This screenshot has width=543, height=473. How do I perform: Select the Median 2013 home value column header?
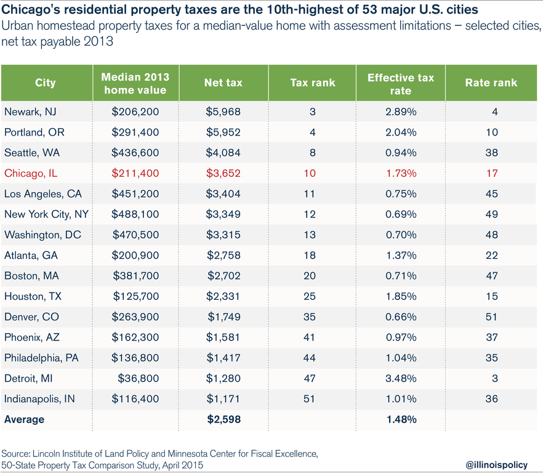click(135, 83)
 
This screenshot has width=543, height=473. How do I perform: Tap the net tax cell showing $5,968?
click(223, 111)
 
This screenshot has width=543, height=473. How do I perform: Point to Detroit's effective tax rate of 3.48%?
click(400, 378)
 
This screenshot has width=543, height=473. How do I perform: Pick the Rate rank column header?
click(491, 83)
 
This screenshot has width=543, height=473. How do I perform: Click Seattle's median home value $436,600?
click(135, 153)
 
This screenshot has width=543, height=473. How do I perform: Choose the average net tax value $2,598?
click(223, 419)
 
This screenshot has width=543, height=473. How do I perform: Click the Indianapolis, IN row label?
click(39, 399)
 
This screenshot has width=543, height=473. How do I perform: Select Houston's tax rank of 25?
click(309, 296)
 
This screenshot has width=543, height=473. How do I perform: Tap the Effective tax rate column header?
click(400, 83)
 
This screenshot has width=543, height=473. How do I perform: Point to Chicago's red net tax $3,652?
click(223, 173)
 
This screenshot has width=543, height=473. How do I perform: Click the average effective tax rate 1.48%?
click(400, 419)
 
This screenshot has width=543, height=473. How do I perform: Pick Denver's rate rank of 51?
click(491, 317)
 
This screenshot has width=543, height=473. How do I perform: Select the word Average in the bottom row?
click(24, 419)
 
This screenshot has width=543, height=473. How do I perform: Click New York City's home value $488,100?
click(135, 214)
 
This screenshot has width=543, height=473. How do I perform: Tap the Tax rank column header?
click(312, 83)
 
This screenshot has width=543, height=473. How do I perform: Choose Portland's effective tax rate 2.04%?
click(400, 132)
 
